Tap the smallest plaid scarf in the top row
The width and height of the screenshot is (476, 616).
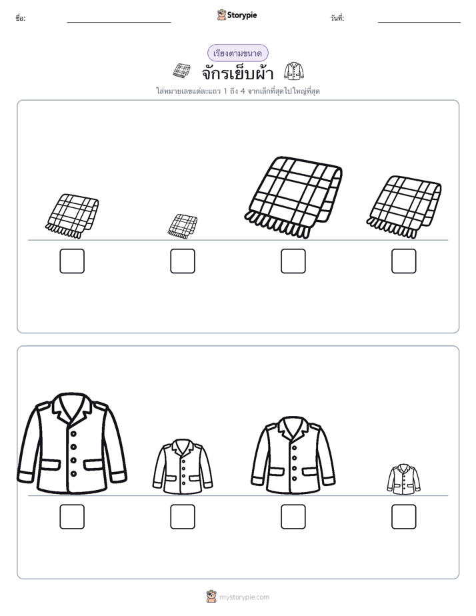(x=183, y=226)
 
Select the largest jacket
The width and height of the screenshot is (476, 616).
(x=72, y=443)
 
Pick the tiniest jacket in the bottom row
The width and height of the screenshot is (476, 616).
(x=403, y=479)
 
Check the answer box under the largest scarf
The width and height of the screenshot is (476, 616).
(x=293, y=261)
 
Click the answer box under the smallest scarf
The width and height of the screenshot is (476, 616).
(x=183, y=261)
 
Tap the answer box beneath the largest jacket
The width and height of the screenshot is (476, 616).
(x=72, y=517)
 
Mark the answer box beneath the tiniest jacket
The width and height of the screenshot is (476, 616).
(x=404, y=517)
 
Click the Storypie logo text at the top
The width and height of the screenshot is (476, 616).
(x=242, y=15)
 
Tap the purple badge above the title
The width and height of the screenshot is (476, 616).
(x=237, y=53)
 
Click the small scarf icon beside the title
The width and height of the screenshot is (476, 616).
(x=181, y=71)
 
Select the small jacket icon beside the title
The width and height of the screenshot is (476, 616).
(x=294, y=71)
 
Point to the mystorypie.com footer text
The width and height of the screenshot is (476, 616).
(x=244, y=597)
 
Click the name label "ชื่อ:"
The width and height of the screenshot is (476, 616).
(x=21, y=18)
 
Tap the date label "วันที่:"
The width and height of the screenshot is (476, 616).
(x=337, y=18)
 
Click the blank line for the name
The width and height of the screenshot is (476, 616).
(x=119, y=23)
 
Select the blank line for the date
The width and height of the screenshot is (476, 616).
(x=419, y=23)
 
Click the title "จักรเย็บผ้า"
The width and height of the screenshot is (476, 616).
(x=237, y=72)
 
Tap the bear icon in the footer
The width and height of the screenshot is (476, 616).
(x=211, y=597)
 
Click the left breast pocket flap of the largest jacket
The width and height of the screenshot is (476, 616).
(x=51, y=465)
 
